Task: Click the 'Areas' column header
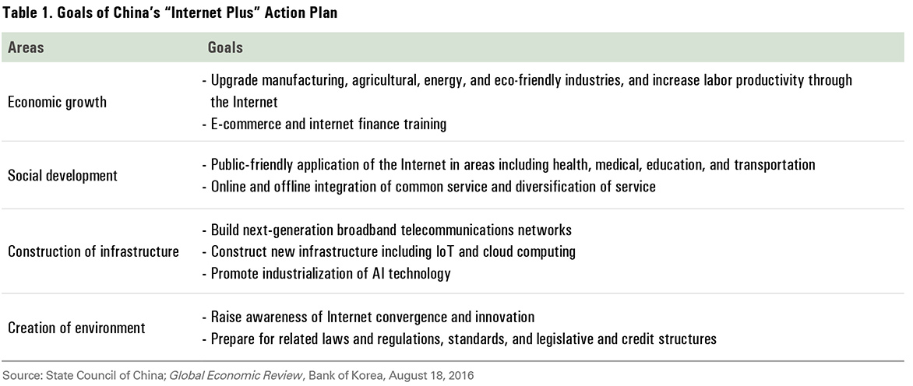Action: pyautogui.click(x=26, y=47)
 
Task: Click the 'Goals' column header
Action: pyautogui.click(x=225, y=47)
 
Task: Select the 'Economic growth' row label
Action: pyautogui.click(x=57, y=102)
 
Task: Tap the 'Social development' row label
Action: pyautogui.click(x=62, y=176)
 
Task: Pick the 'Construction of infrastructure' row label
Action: pyautogui.click(x=93, y=251)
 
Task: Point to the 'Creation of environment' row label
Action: pyautogui.click(x=76, y=328)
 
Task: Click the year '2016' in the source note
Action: pyautogui.click(x=462, y=376)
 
